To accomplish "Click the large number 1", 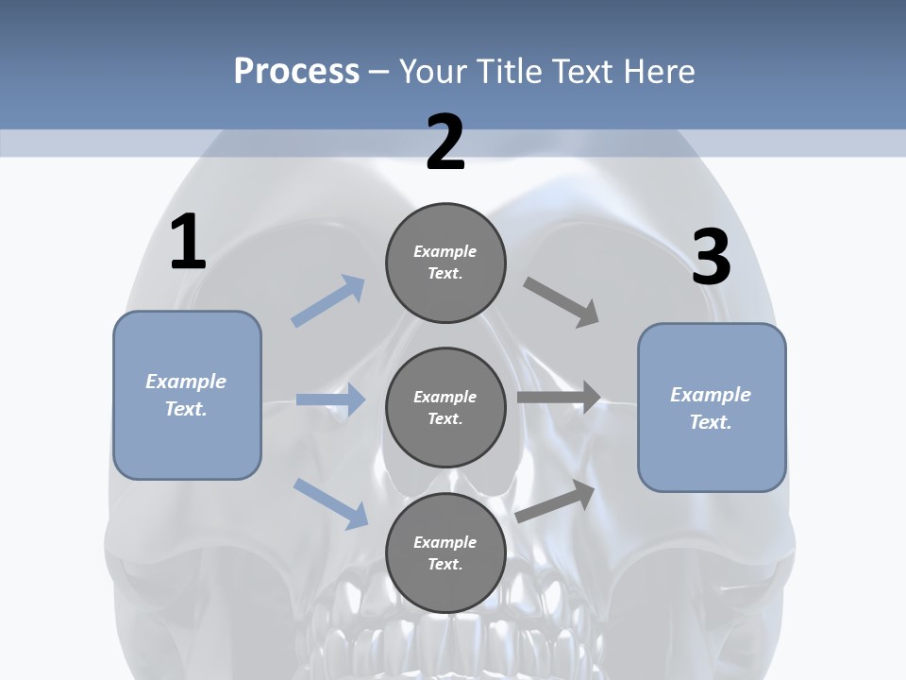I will tap(188, 242).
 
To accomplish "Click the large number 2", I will tap(445, 144).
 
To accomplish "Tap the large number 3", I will tap(711, 257).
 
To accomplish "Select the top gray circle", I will tap(445, 263).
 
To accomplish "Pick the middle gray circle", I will tap(445, 408).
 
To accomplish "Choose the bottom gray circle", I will tap(445, 553).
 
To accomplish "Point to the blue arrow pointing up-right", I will tap(328, 300).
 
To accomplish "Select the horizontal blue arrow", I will tap(330, 399).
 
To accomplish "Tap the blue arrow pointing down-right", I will tap(331, 502).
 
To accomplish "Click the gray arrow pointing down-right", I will tap(562, 302).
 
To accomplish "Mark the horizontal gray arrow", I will tap(559, 398).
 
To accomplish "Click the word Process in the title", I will tap(296, 71).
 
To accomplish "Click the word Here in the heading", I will tap(660, 71).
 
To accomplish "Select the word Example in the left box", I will tap(186, 382).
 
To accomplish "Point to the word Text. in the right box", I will tap(711, 422).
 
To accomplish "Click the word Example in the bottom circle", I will tap(445, 542).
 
